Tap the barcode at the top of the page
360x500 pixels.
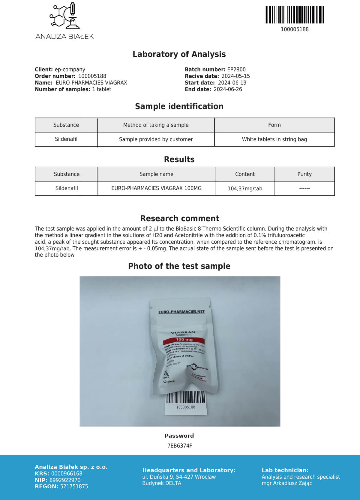point(295,15)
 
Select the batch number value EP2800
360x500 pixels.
point(236,70)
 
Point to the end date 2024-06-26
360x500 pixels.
point(228,89)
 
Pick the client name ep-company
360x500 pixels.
point(70,70)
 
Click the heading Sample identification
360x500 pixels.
point(179,106)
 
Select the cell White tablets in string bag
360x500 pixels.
point(274,139)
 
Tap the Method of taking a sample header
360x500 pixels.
point(156,125)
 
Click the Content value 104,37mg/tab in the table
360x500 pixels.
point(245,189)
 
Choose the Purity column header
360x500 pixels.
point(304,174)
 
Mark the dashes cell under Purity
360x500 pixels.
point(304,189)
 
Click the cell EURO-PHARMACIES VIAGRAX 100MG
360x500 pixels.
point(156,188)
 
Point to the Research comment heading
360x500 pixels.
point(180,218)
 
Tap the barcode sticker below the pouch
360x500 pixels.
point(186,402)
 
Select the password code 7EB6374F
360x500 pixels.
point(179,446)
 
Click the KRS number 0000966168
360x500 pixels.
point(67,474)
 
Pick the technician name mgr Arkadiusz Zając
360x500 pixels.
point(286,483)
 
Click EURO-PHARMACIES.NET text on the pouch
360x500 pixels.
point(181,312)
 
